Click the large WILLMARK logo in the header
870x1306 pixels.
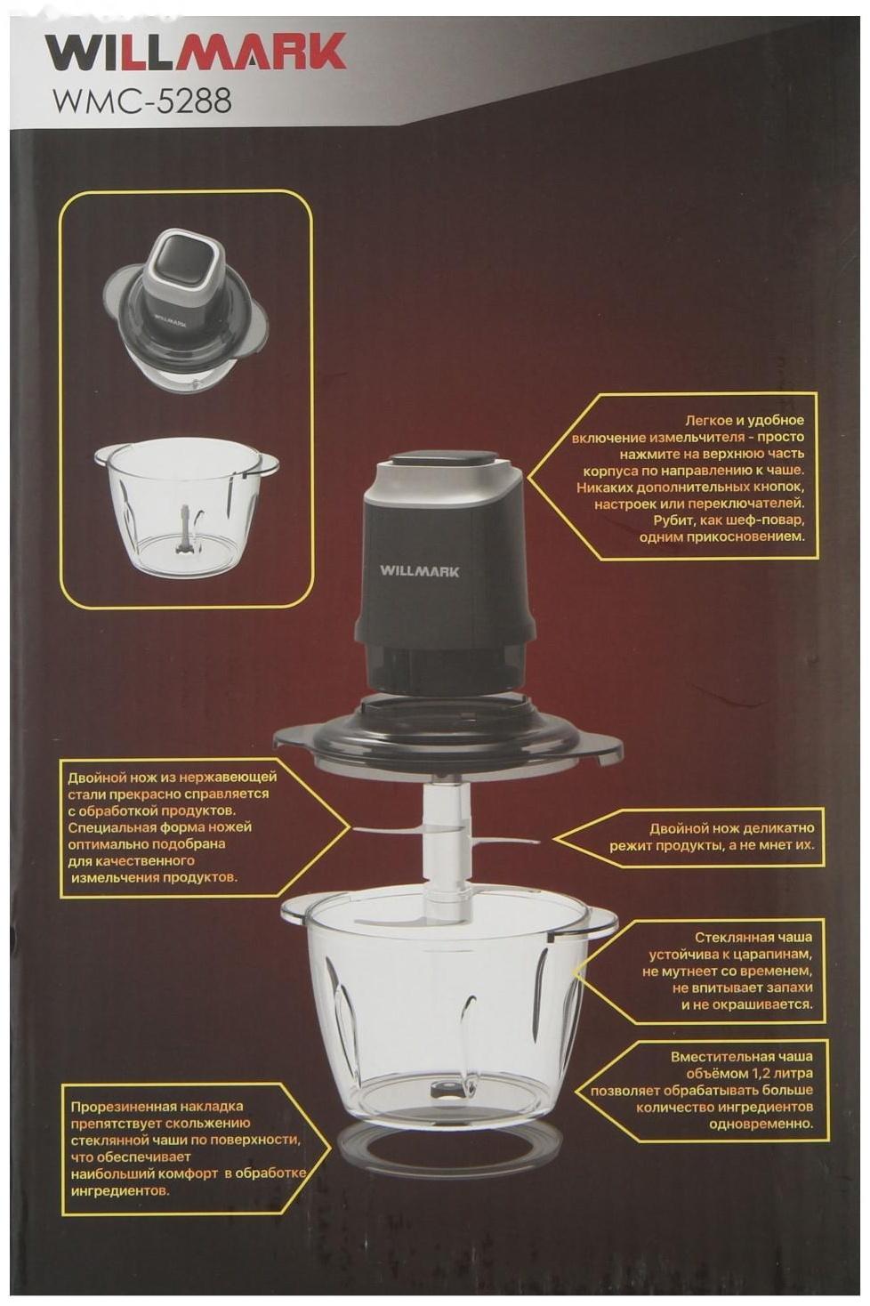196,52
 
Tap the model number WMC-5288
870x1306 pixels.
142,101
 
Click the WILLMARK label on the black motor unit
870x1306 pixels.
419,571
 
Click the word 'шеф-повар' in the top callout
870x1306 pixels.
764,520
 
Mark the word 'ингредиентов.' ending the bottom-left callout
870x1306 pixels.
120,1191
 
